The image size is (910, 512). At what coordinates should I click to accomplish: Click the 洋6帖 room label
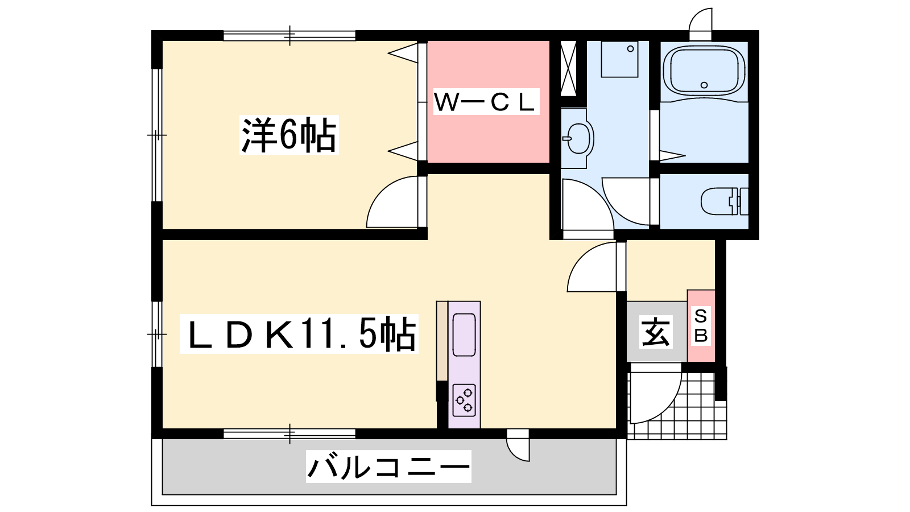tap(289, 135)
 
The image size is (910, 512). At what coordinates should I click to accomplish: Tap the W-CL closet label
tap(486, 102)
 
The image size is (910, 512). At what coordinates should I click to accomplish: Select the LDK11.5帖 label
tap(299, 333)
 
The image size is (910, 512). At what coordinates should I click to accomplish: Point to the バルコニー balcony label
tap(388, 466)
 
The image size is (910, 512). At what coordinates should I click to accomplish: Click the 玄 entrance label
tap(655, 332)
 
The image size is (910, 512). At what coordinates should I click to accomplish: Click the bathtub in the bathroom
tap(704, 72)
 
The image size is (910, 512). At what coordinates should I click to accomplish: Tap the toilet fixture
tap(725, 201)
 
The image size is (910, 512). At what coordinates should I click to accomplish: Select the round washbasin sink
tap(578, 138)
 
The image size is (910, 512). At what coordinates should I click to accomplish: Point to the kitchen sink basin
tap(464, 335)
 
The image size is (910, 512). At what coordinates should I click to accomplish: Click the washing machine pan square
tap(619, 59)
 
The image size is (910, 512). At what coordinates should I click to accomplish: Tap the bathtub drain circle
tap(704, 85)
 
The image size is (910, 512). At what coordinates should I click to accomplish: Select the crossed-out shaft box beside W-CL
tap(568, 68)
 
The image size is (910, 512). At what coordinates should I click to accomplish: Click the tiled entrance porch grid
tap(677, 406)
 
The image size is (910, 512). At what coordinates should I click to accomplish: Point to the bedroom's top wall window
tap(289, 36)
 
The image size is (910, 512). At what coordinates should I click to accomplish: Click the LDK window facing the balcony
tap(289, 433)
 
